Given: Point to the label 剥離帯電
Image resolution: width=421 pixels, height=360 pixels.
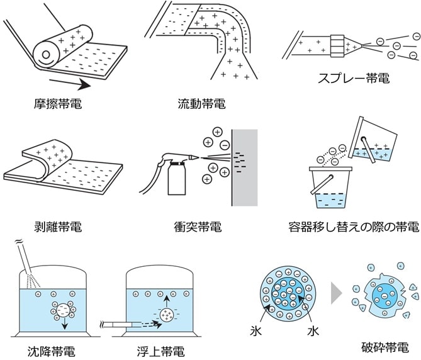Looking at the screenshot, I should coord(59,225).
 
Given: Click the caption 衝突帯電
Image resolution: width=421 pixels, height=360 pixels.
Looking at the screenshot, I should coord(198,225).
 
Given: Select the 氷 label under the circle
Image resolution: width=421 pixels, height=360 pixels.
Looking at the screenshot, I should coord(254,330).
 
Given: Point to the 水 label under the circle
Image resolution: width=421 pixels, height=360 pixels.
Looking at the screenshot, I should coord(313,330).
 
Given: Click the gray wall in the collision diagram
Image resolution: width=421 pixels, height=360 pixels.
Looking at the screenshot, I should coord(245,167).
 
